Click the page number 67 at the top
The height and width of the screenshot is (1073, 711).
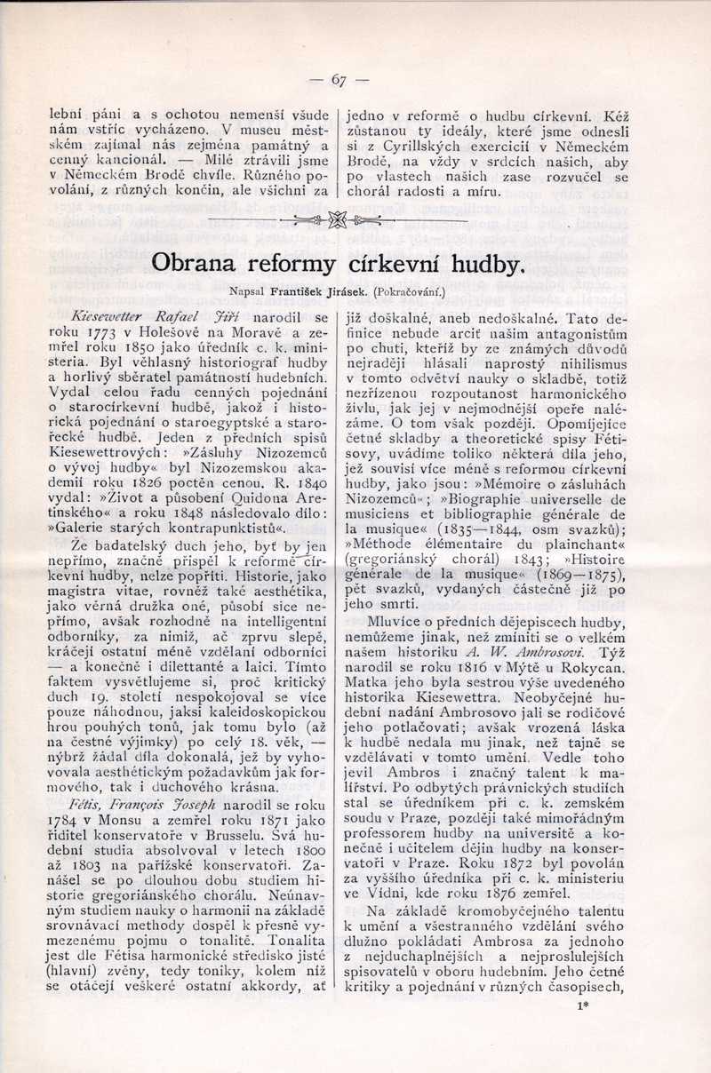pyautogui.click(x=338, y=80)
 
